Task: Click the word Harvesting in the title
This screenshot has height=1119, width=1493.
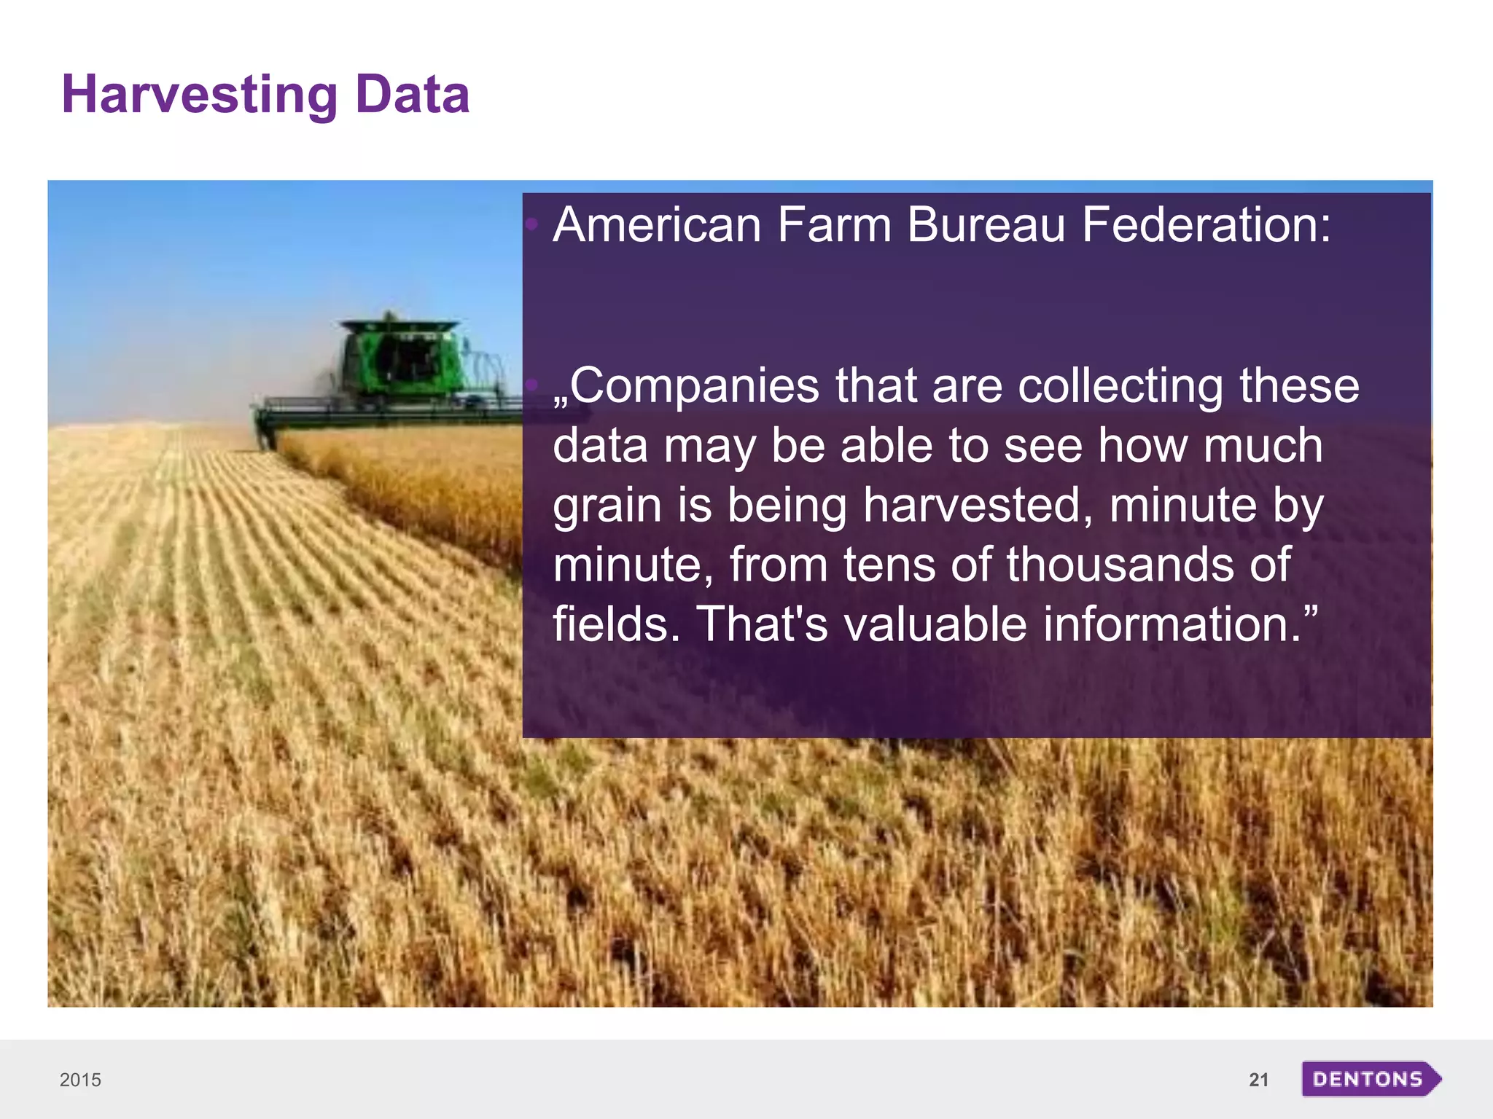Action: [199, 95]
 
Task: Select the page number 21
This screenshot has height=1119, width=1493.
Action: [1258, 1080]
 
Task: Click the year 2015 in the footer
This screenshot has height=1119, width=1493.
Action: [80, 1080]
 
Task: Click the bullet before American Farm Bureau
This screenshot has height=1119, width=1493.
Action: [532, 224]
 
